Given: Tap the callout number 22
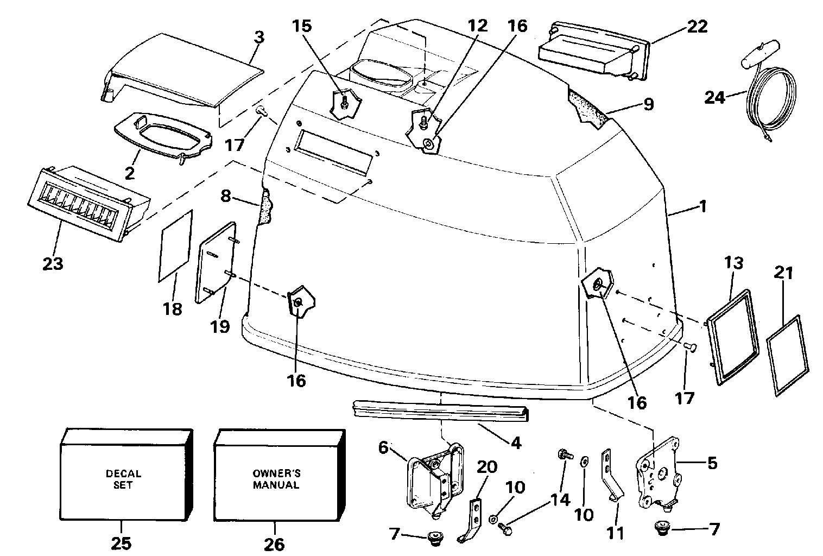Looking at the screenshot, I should click(697, 26).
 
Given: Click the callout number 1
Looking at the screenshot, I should click(702, 206).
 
